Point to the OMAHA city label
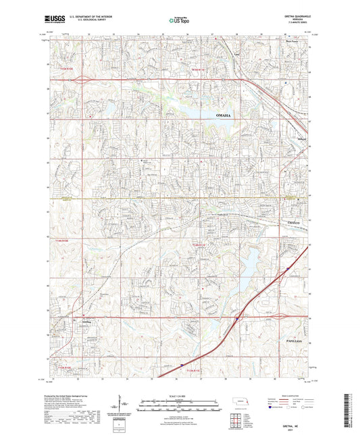(224, 116)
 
